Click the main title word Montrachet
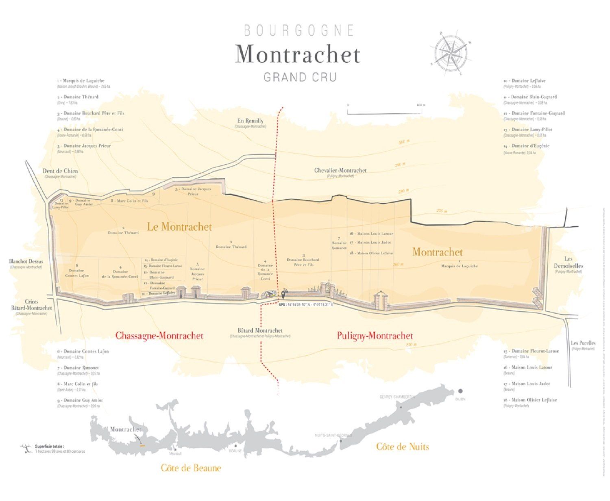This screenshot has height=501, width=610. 298,54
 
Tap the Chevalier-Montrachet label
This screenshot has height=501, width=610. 340,171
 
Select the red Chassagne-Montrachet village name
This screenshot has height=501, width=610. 159,336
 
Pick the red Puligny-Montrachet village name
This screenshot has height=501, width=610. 375,336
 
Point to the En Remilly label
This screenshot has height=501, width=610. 251,121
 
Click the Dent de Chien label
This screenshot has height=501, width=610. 60,171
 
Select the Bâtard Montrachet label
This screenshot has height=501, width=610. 260,331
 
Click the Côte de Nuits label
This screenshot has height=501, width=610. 402,447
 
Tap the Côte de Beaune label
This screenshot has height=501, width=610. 191,468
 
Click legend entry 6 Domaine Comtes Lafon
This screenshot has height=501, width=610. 83,351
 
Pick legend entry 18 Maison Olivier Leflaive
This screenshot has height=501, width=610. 530,400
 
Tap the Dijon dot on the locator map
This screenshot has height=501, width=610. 460,391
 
